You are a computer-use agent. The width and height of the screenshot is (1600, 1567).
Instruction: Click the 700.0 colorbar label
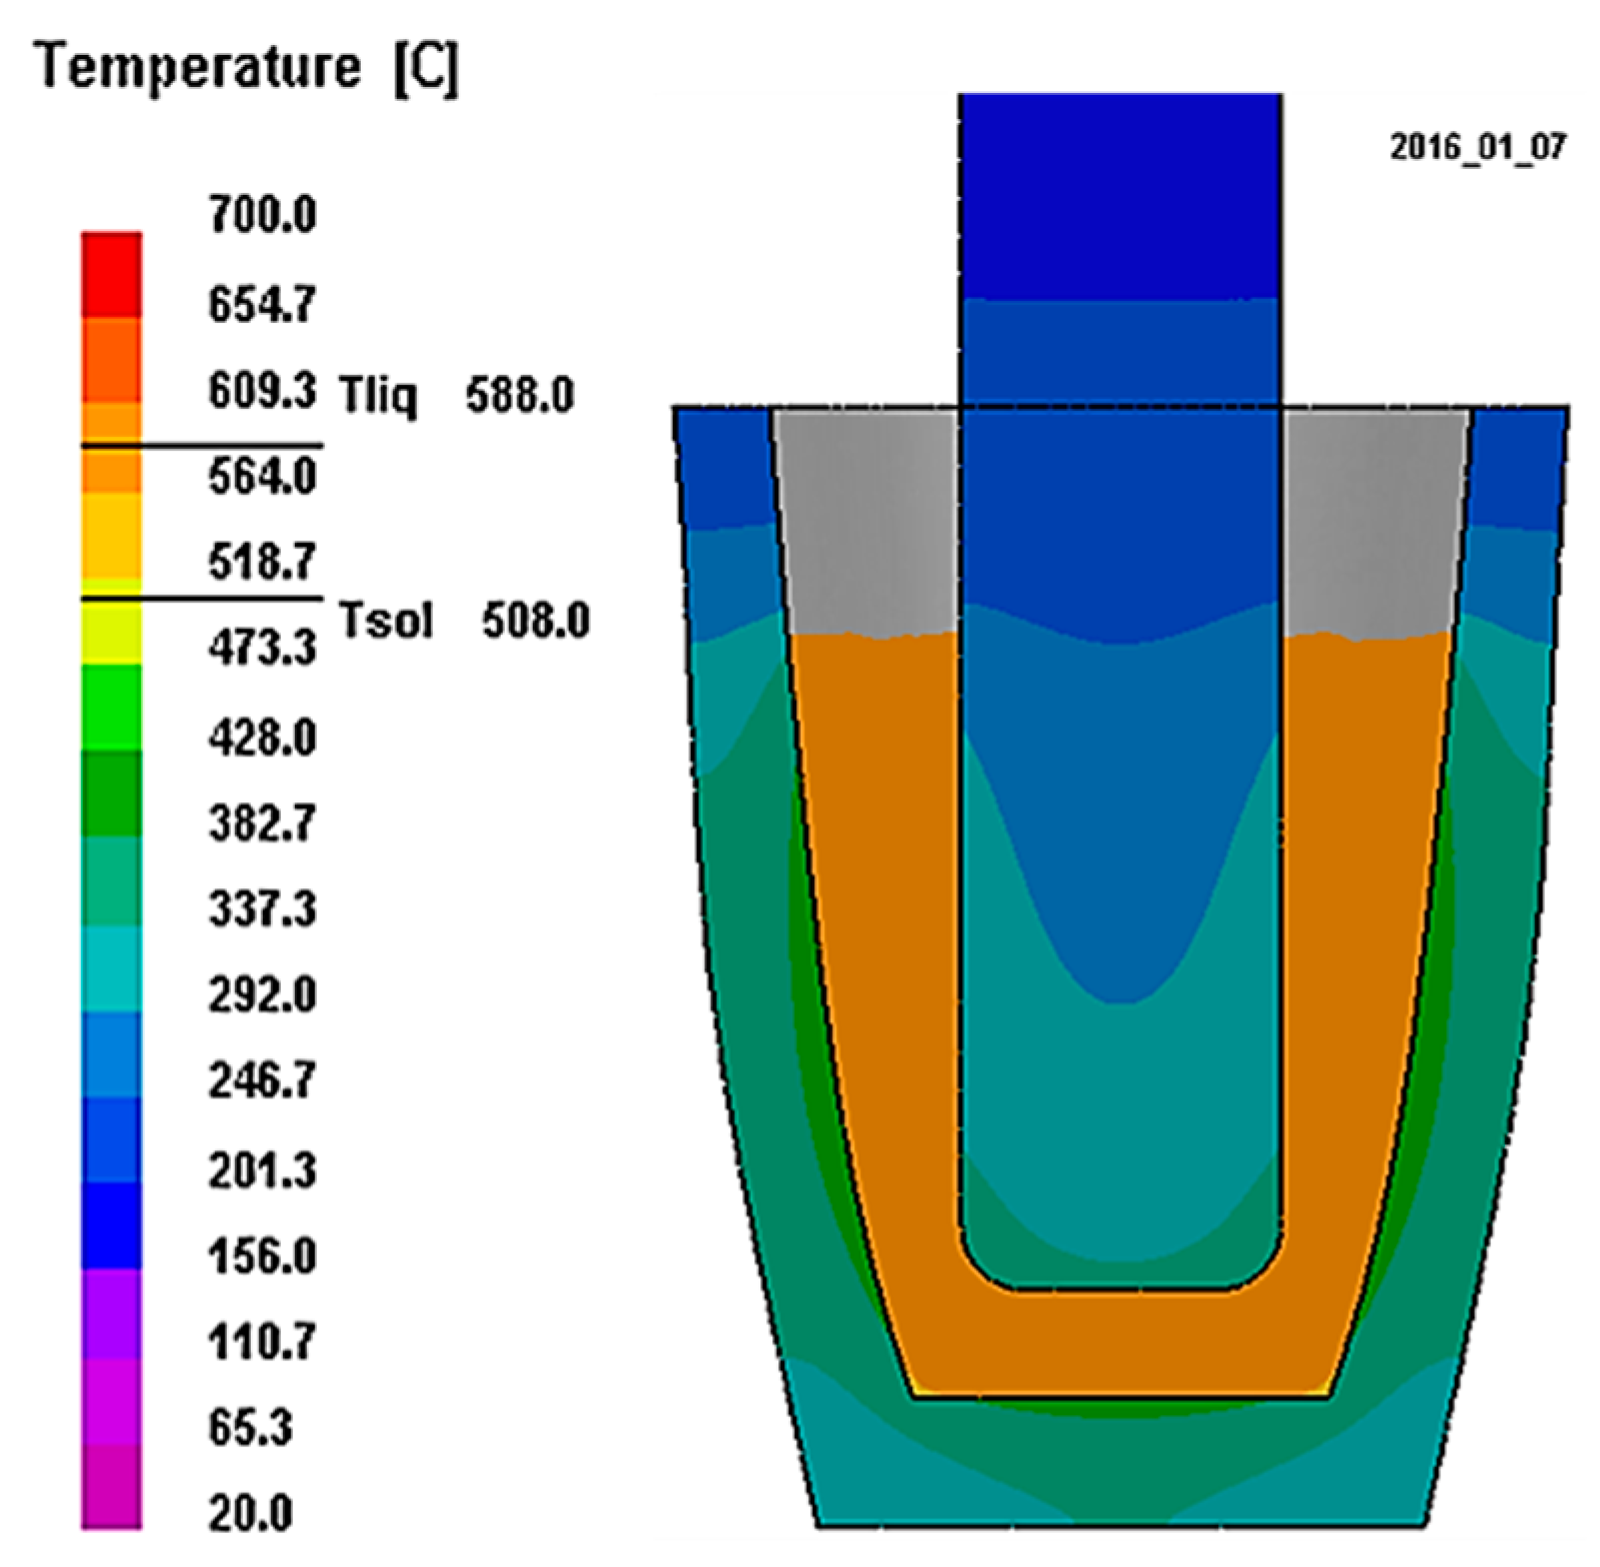263,215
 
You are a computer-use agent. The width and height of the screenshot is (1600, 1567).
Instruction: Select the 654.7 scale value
263,303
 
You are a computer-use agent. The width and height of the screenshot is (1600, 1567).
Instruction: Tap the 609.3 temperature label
263,390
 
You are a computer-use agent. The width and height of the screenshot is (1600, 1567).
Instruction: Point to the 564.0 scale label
263,476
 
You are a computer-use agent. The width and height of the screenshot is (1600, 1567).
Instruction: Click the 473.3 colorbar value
263,648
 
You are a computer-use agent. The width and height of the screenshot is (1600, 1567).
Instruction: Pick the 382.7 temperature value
263,822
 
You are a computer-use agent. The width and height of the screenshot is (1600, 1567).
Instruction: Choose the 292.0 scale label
263,994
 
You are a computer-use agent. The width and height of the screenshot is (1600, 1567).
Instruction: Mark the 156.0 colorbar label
263,1255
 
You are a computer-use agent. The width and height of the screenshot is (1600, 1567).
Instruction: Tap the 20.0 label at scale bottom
251,1513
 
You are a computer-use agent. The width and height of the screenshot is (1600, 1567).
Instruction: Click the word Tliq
378,396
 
